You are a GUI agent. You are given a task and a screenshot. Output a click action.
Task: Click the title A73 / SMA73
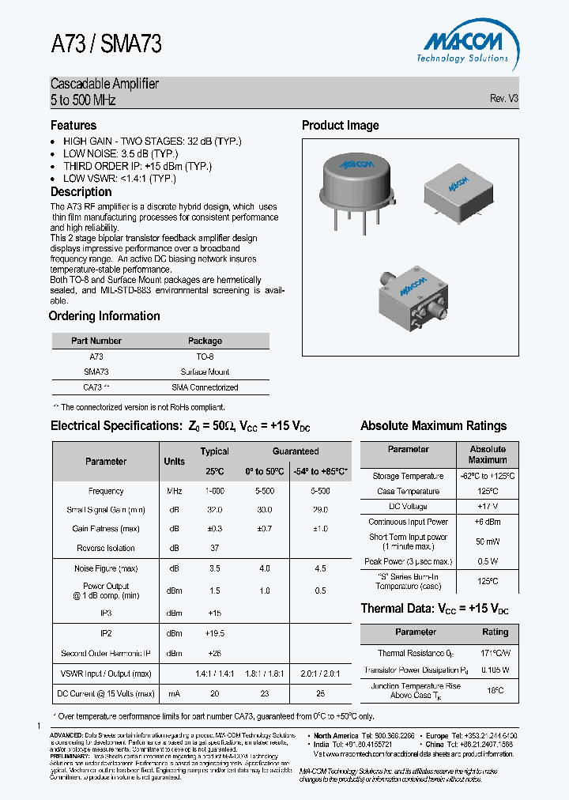click(106, 45)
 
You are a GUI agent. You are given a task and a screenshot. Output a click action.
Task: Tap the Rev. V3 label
click(503, 99)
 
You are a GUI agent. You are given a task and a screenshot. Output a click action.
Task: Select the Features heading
click(73, 125)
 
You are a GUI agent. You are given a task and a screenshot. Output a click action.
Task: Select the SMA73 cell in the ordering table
click(96, 372)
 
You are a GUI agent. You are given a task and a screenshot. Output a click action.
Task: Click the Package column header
click(205, 341)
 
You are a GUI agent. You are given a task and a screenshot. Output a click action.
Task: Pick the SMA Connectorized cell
click(205, 387)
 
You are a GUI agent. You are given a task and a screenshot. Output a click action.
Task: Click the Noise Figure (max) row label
click(106, 568)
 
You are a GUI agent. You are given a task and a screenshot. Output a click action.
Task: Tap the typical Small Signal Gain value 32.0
click(214, 510)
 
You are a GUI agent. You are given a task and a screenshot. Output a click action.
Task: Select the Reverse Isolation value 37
click(214, 548)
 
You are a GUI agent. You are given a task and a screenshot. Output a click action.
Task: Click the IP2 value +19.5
click(214, 633)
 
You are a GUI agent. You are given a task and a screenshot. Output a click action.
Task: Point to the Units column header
click(175, 461)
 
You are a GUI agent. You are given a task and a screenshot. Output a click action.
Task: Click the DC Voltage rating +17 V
click(488, 506)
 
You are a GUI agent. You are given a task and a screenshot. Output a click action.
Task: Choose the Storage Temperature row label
click(409, 476)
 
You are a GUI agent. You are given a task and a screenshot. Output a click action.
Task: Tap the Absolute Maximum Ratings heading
click(433, 425)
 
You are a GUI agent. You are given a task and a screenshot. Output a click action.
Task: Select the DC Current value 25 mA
click(319, 693)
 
